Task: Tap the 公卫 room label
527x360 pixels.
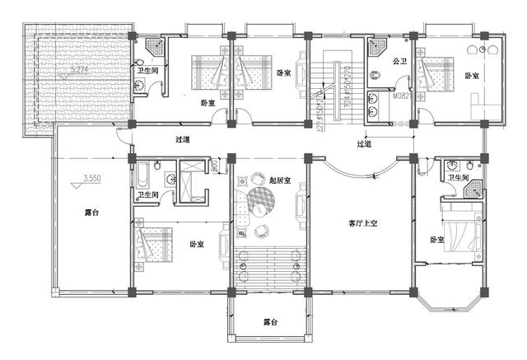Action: (x=400, y=61)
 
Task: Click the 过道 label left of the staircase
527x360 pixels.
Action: (x=184, y=140)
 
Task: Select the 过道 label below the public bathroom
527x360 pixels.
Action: (x=364, y=143)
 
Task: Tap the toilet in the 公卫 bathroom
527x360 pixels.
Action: (x=375, y=76)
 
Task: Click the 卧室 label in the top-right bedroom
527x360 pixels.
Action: (x=472, y=76)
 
